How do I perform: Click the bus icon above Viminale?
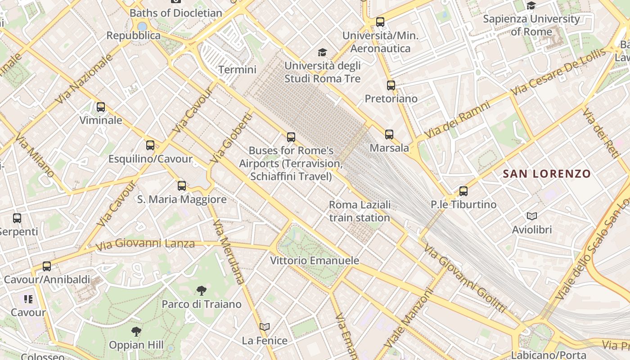[101, 107]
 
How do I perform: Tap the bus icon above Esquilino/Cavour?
[150, 145]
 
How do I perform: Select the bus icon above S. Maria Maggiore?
[182, 185]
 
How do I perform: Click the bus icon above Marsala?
[389, 134]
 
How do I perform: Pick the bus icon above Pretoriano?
[391, 85]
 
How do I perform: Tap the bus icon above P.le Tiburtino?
[463, 191]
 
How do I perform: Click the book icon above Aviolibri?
[532, 216]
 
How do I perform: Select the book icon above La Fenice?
[265, 327]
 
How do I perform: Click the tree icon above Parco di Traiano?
[202, 291]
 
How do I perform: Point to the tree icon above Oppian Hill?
[136, 332]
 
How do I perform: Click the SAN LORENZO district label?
[546, 174]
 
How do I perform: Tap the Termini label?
[237, 70]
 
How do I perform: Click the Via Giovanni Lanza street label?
[145, 244]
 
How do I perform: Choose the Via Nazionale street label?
[84, 80]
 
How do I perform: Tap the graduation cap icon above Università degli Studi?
[322, 53]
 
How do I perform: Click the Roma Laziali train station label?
[360, 211]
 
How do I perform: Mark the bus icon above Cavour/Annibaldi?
[47, 266]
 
